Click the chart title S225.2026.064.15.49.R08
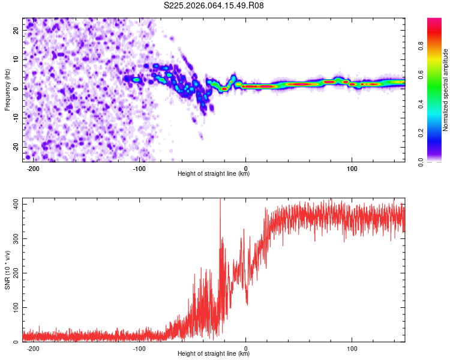[x=214, y=5]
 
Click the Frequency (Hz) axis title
[x=7, y=89]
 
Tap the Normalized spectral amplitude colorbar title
[x=446, y=90]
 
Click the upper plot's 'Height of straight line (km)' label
[x=214, y=174]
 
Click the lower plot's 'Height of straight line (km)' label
[x=214, y=354]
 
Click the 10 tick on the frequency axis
[x=17, y=59]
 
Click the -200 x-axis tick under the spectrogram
[x=33, y=167]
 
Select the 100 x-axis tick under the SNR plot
[x=352, y=348]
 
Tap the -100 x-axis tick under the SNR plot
[x=139, y=348]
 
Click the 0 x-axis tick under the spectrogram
[x=246, y=167]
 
